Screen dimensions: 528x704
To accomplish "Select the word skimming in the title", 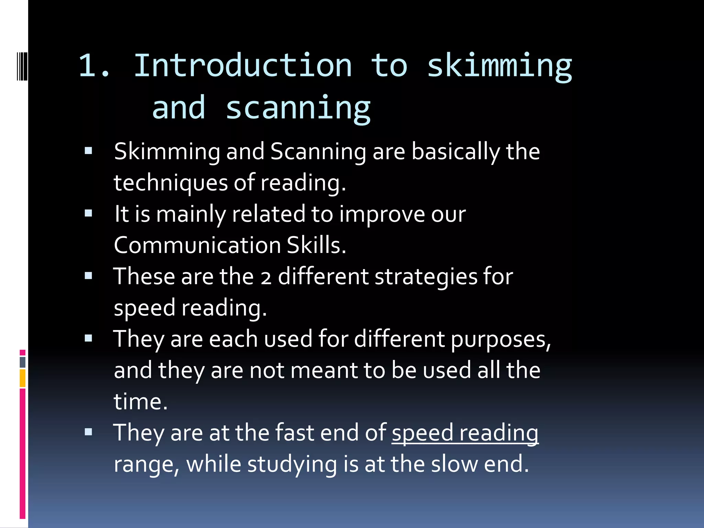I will [499, 67].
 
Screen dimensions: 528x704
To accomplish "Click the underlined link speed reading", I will [465, 433].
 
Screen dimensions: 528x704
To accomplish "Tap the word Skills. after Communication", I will [316, 245].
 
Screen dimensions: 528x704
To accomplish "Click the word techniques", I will [170, 183].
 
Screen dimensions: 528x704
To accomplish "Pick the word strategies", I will [426, 277].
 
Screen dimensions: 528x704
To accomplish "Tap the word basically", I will [456, 152].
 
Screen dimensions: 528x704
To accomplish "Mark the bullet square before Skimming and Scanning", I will [89, 151].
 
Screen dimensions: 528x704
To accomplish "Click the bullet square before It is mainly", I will [89, 213].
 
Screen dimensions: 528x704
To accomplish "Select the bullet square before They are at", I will [89, 432].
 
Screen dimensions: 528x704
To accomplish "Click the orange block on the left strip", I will [23, 378].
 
